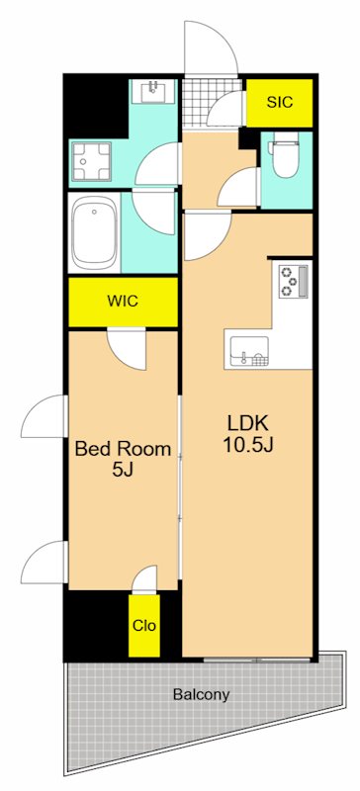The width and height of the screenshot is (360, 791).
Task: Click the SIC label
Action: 279,103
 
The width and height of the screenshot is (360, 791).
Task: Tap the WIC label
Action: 123,302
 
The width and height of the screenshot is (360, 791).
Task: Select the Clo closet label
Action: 143,626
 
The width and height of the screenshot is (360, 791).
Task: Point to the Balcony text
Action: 202,695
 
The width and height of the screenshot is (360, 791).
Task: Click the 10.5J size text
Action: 248,446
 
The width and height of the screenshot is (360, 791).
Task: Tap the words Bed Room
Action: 123,449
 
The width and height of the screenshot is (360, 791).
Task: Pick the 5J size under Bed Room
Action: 123,471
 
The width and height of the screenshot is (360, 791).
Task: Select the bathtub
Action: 94,232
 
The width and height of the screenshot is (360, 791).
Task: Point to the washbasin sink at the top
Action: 153,91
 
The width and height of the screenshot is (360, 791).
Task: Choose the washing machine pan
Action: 91,160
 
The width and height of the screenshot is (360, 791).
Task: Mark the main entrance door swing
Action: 210,47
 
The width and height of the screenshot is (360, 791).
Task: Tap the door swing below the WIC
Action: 127,349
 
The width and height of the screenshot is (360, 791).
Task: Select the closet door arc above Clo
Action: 145,579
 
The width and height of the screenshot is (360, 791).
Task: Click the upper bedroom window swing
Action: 45,416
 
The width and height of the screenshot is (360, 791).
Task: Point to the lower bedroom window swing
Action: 45,562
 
